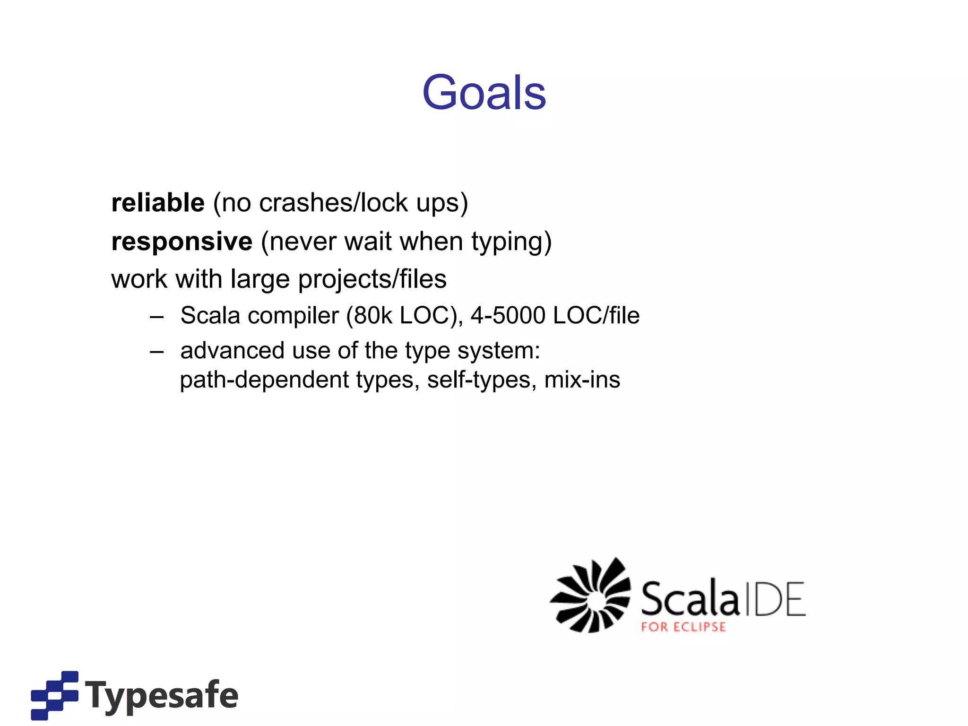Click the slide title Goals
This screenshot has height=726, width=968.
click(x=484, y=93)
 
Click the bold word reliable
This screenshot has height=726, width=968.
click(x=158, y=203)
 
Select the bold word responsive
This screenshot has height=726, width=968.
click(x=181, y=242)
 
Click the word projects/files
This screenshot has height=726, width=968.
click(x=372, y=279)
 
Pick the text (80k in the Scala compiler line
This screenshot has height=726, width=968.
click(x=369, y=316)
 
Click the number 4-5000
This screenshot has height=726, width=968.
click(x=508, y=316)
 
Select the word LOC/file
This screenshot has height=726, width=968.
click(x=596, y=316)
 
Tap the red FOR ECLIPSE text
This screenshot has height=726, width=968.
click(x=683, y=627)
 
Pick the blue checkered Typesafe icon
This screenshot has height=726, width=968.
click(x=54, y=695)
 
